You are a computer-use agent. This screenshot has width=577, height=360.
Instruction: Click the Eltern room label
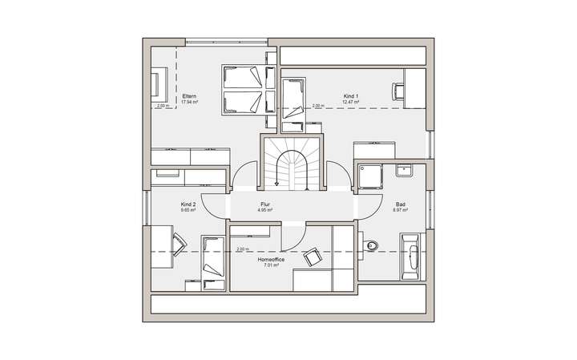tap(189, 96)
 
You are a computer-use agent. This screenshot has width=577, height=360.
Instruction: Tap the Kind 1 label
tap(350, 96)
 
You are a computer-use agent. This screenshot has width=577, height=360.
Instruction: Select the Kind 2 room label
tap(188, 204)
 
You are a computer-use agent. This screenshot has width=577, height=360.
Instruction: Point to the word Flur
tap(265, 204)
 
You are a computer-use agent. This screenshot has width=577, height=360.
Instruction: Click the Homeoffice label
tap(269, 260)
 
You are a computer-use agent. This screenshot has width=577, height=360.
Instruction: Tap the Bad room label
tap(400, 204)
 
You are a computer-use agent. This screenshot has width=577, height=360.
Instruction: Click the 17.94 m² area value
tap(189, 103)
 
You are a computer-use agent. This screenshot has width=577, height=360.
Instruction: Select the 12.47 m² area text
tap(350, 103)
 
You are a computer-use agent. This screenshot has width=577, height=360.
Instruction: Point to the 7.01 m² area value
tap(270, 265)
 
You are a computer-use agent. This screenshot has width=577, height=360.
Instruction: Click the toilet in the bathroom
tap(369, 245)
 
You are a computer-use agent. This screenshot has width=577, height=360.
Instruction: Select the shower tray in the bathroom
tap(372, 178)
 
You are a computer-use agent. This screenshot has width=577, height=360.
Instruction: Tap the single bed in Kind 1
tap(293, 97)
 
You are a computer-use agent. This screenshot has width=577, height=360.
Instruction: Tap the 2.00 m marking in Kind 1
tap(317, 106)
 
